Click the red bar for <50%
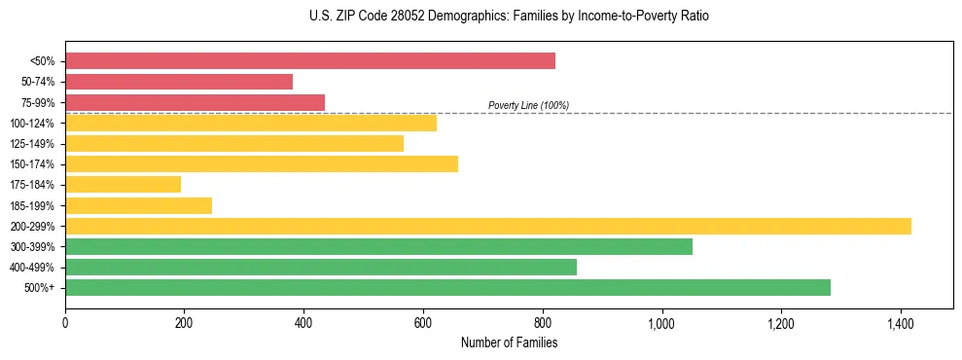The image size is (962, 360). point(309,60)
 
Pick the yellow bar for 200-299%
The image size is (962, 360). point(487,226)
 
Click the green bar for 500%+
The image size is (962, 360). point(447,287)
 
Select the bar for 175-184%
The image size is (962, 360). point(123,184)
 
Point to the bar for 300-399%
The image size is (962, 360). point(378,246)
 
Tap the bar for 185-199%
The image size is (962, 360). point(138,205)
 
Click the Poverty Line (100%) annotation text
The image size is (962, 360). point(528,105)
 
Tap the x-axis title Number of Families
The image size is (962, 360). point(509,342)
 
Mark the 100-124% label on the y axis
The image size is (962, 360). point(32,124)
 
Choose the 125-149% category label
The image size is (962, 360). point(32,144)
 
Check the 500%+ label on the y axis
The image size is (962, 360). point(40,288)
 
